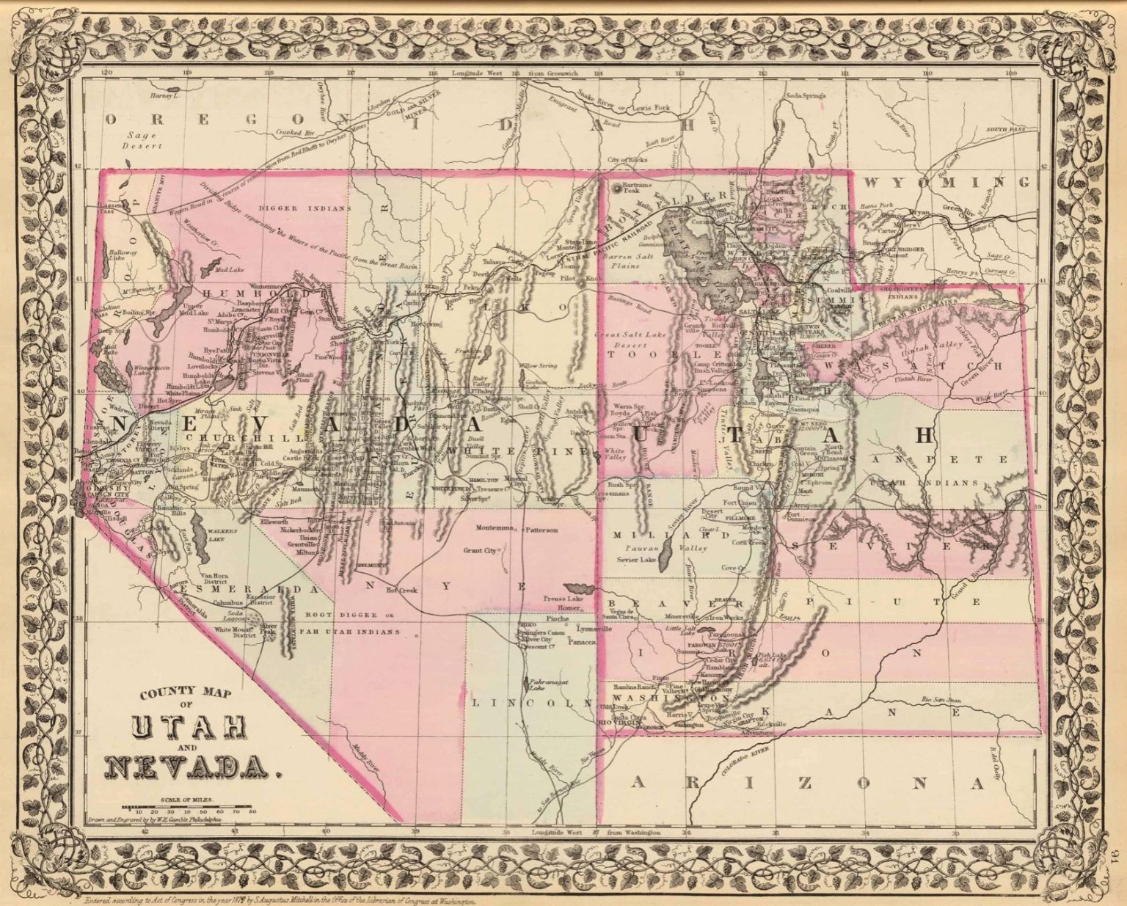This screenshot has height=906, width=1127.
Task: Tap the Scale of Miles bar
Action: tap(193, 805)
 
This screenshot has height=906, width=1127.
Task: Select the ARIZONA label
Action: tap(807, 783)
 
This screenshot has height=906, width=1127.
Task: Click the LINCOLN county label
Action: tap(531, 702)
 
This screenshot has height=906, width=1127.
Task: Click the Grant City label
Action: tap(480, 550)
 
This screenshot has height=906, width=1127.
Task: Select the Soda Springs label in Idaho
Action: tap(805, 95)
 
